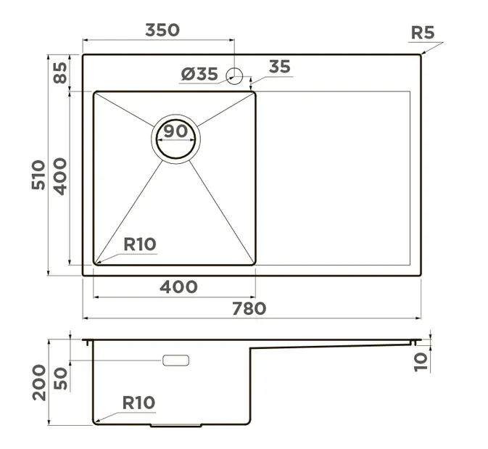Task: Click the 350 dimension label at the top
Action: [162, 30]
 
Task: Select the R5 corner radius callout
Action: [422, 33]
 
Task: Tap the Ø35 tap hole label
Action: [199, 75]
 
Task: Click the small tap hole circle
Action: [234, 76]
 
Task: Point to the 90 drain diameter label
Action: [176, 131]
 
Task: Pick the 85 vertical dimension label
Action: [60, 73]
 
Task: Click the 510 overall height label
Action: [38, 174]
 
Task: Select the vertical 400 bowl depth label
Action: [60, 176]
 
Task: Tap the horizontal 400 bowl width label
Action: [178, 287]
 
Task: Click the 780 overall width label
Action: [249, 308]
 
